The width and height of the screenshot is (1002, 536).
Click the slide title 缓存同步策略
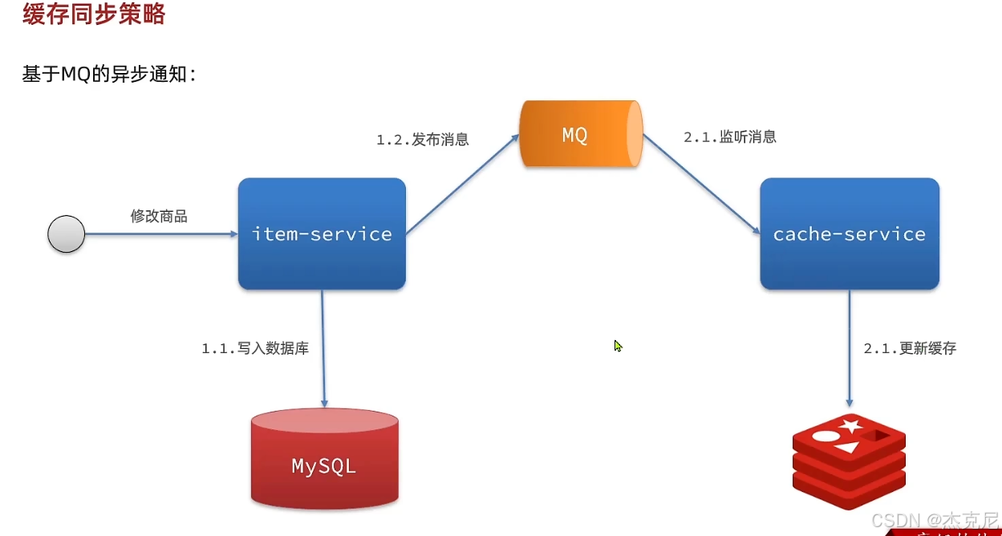tap(94, 14)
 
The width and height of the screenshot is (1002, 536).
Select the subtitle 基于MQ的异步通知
tap(109, 75)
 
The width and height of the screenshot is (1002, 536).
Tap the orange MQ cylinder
tap(579, 135)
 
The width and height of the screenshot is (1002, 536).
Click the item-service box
tap(322, 234)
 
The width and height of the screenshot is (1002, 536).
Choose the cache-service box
tap(850, 234)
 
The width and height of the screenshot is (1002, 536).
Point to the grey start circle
tap(67, 234)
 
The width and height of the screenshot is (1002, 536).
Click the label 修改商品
tap(159, 217)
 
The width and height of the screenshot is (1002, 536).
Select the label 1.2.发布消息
tap(423, 140)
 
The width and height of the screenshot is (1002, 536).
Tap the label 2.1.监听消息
tap(730, 137)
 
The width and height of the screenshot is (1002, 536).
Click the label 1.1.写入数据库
tap(255, 349)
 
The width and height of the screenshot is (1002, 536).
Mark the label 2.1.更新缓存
tap(910, 349)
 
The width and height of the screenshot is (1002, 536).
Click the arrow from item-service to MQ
tap(462, 185)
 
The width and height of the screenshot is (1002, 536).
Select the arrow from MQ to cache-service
tap(701, 185)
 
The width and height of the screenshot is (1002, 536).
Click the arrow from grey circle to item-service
tap(160, 234)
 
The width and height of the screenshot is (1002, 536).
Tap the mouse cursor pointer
tap(618, 346)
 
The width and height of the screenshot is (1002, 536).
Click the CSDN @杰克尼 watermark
tap(934, 519)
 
